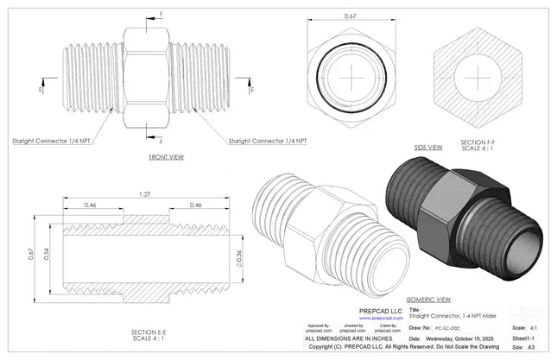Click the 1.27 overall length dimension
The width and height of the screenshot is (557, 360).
(x=142, y=194)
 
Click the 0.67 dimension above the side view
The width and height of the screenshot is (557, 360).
(x=349, y=15)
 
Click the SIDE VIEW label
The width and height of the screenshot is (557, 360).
(x=428, y=148)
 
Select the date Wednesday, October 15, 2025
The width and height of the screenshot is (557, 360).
(x=470, y=338)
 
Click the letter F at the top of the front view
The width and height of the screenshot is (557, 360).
(x=159, y=15)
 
